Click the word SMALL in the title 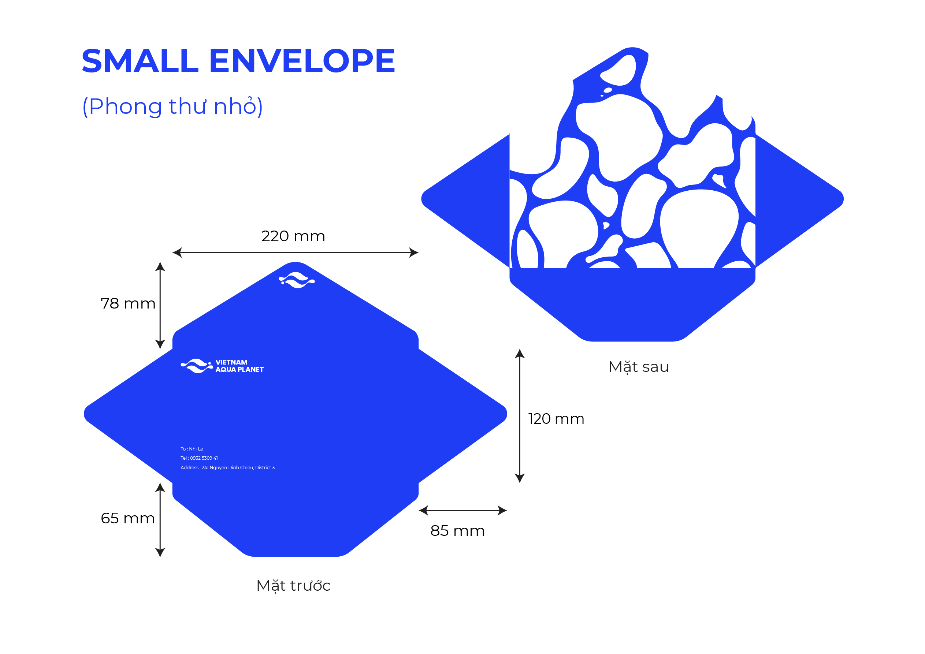pos(140,61)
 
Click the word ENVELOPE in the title pos(302,61)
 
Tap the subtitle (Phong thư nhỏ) pos(172,107)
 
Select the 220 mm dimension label pos(293,236)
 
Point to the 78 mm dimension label pos(128,303)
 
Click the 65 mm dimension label pos(128,518)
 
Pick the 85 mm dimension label pos(457,531)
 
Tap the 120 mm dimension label pos(556,419)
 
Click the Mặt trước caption pos(293,586)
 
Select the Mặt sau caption pos(639,367)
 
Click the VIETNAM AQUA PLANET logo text pos(239,366)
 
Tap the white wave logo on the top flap pos(297,280)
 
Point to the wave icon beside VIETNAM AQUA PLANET pos(197,366)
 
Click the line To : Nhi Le pos(192,449)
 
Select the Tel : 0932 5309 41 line pos(199,458)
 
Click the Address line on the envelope pos(228,468)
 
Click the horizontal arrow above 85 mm pos(463,510)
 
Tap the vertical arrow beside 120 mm pos(520,416)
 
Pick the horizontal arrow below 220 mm pos(295,253)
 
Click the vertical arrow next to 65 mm pos(160,520)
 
